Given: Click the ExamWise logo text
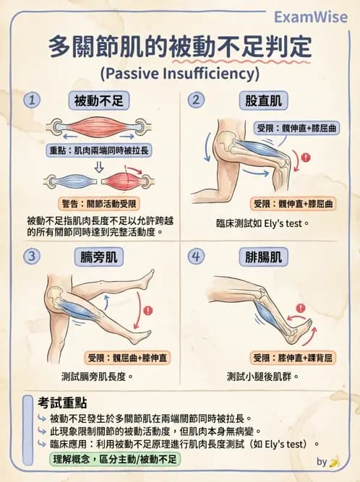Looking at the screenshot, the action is point(311,17).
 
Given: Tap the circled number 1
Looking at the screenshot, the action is point(32,100).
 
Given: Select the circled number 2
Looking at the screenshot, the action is point(196,100).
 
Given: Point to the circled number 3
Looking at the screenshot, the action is point(32,256).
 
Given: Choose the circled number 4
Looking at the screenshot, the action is point(196,256).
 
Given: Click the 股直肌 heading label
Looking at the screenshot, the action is point(263,100).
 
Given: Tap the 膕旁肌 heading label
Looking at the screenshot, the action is point(99,257).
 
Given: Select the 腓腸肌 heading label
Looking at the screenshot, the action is point(263,257).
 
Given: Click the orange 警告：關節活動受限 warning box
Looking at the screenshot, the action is point(99,204).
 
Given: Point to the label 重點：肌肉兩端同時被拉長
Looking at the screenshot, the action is point(99,150).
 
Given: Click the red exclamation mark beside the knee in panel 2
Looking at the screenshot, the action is point(306,158).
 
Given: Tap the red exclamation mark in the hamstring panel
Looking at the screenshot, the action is point(148,311).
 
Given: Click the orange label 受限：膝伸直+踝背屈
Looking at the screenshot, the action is point(292,358).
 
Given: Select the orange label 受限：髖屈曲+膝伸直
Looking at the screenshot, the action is point(127,358).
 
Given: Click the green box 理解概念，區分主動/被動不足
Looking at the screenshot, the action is point(115,460).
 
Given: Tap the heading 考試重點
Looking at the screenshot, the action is point(62,403).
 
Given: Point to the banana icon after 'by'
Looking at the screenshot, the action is point(334,462).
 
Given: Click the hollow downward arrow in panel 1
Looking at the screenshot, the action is point(99,168).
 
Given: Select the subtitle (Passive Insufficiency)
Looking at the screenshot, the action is point(180,74).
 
